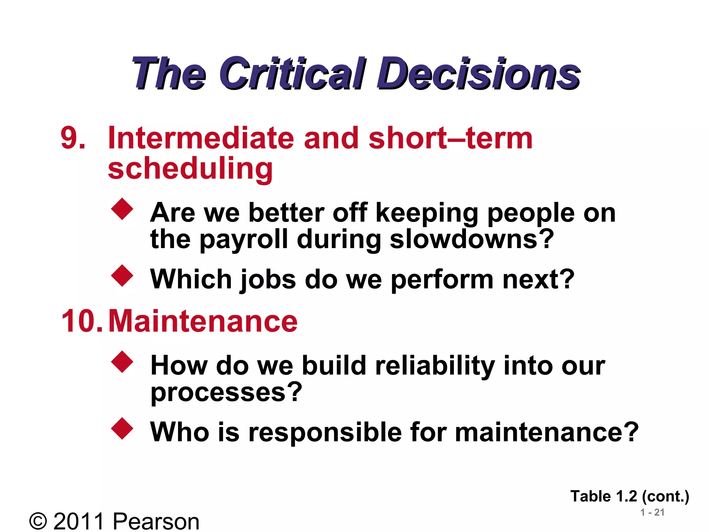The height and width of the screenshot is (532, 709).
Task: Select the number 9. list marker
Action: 73,138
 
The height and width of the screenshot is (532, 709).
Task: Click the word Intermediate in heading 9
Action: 201,138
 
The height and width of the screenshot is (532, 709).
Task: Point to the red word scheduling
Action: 190,168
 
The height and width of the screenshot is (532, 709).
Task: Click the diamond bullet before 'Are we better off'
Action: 122,209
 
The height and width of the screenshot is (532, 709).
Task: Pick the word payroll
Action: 244,240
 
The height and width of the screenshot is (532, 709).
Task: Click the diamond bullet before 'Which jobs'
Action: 122,276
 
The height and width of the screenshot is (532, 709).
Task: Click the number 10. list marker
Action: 82,321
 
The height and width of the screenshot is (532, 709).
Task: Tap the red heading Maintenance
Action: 203,321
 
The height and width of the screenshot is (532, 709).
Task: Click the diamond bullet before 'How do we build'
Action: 122,362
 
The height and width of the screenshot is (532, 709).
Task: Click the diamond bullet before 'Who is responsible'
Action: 122,429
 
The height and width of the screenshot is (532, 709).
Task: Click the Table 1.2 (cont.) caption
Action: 630,496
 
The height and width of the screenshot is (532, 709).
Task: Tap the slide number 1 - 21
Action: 652,512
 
